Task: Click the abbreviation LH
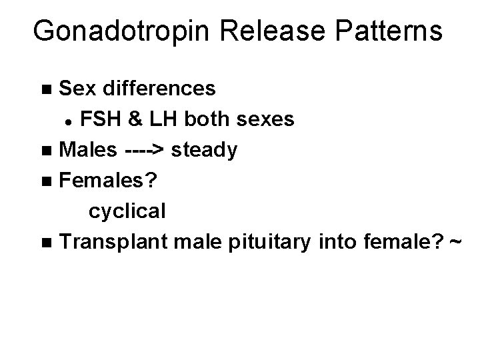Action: (x=155, y=119)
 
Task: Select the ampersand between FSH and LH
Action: (x=131, y=119)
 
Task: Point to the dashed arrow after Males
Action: (x=145, y=151)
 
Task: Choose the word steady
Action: (x=203, y=151)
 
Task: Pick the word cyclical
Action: (x=127, y=211)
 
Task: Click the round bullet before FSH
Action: (x=68, y=121)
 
